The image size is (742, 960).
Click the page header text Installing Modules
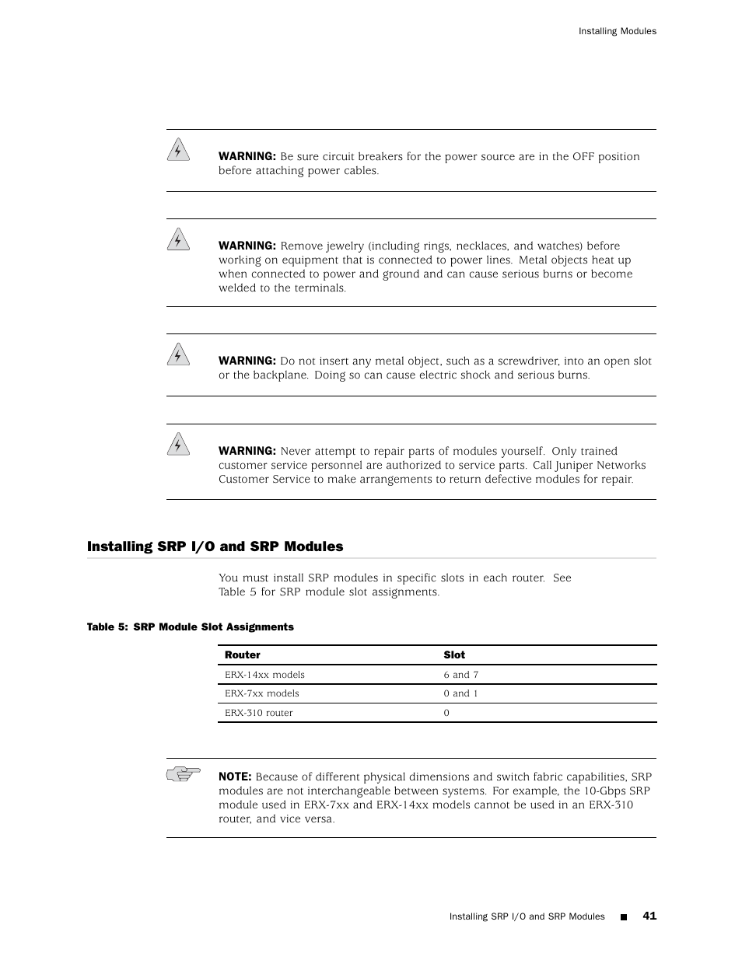617,31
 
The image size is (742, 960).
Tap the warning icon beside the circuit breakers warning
178,149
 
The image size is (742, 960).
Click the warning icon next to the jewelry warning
178,239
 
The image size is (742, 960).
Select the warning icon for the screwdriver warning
178,354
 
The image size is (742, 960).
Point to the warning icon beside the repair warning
178,444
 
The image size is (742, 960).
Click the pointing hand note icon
183,773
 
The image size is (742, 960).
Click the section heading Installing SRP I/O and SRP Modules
215,546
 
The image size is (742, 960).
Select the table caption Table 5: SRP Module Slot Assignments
190,627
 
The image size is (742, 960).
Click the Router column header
242,655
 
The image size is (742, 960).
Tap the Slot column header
453,655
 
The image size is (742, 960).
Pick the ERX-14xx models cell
264,675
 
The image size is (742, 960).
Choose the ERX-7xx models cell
261,693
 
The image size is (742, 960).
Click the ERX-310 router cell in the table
258,713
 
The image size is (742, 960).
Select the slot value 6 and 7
460,675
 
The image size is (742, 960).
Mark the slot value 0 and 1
460,693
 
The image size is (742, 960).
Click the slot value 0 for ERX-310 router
446,713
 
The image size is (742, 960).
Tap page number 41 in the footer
649,916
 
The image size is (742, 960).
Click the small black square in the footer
623,917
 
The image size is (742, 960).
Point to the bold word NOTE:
234,777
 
